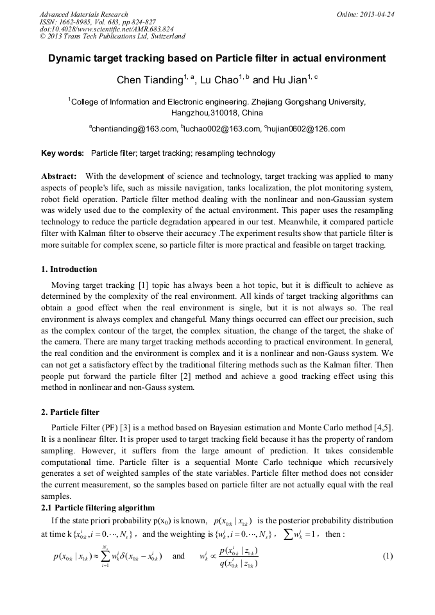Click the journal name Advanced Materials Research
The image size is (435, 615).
point(84,14)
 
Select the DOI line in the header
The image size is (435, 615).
point(106,29)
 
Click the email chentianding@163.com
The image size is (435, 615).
point(134,129)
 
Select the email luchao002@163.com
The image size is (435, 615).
point(223,129)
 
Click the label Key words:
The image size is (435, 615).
point(62,153)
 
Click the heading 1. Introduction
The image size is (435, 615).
point(69,269)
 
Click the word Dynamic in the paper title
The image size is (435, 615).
point(73,58)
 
